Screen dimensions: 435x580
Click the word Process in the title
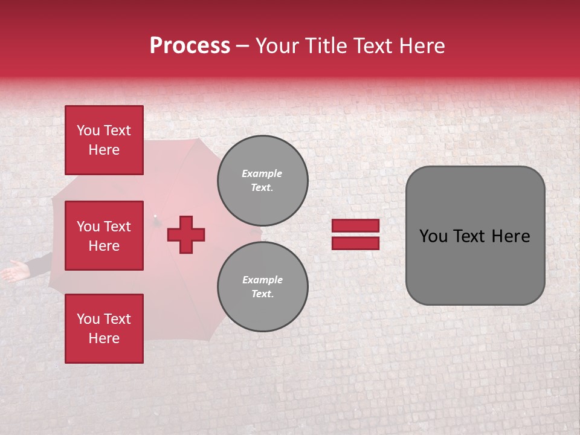pyautogui.click(x=190, y=46)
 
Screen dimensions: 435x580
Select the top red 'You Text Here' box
pyautogui.click(x=104, y=140)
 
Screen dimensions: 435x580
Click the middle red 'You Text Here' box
pyautogui.click(x=104, y=236)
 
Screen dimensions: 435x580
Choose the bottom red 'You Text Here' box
pyautogui.click(x=104, y=329)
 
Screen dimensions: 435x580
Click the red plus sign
pyautogui.click(x=186, y=234)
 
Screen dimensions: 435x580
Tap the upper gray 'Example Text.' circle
pyautogui.click(x=262, y=180)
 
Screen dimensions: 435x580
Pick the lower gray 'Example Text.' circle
pyautogui.click(x=262, y=286)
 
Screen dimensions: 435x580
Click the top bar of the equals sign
pyautogui.click(x=355, y=225)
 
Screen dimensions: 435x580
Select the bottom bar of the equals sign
pyautogui.click(x=355, y=243)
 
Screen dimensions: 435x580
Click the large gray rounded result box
pyautogui.click(x=475, y=236)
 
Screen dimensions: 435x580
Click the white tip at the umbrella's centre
pyautogui.click(x=155, y=216)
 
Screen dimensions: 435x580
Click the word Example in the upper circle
pyautogui.click(x=262, y=173)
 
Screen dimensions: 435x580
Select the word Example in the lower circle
pyautogui.click(x=262, y=280)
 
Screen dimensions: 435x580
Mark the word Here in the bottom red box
pyautogui.click(x=104, y=338)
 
